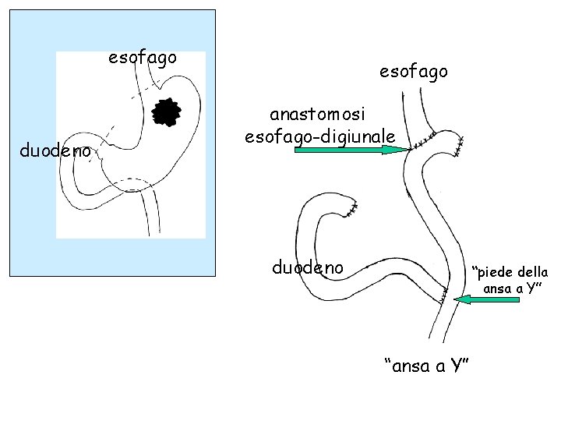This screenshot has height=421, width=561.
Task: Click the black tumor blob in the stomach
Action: point(166,113)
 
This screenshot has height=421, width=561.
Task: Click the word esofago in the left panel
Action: point(143,58)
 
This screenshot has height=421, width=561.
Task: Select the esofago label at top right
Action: point(414,71)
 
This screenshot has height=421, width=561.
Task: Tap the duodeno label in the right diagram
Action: point(308,267)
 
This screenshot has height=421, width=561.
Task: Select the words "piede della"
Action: point(512,272)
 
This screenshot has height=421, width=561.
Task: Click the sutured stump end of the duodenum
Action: point(353,207)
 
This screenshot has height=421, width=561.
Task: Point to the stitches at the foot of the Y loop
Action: point(443,295)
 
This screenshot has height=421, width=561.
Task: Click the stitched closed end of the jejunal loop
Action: point(460,145)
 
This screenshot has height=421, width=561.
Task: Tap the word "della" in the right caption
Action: point(532,272)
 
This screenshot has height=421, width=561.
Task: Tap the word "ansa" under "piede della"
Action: point(498,288)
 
